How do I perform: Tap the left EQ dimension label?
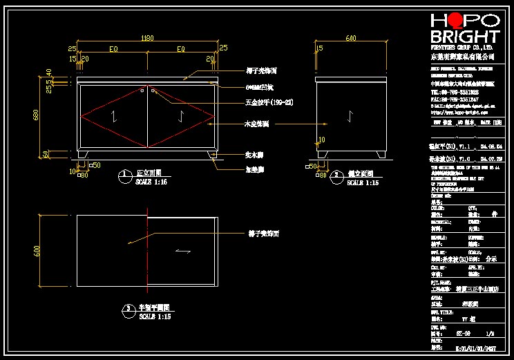click(113, 49)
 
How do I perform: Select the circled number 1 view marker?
click(122, 173)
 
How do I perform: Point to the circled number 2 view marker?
click(336, 176)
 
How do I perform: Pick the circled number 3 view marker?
click(128, 308)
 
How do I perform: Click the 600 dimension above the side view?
click(350, 38)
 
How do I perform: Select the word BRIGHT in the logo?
click(464, 37)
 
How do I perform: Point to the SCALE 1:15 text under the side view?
click(363, 183)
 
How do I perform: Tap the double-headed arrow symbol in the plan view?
click(182, 252)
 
